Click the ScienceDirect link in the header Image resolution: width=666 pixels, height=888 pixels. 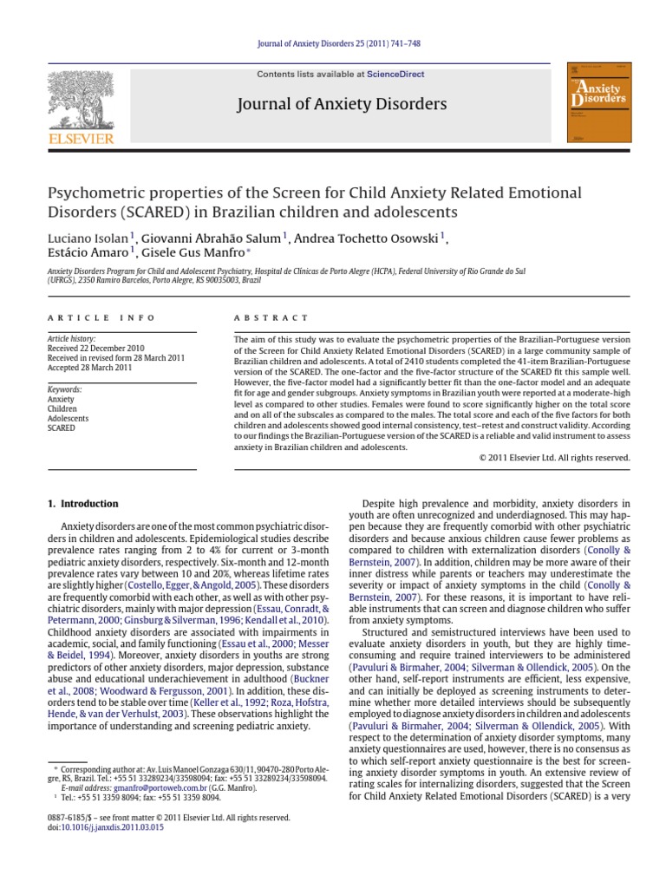tap(395, 75)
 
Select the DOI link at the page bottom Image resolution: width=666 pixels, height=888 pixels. tap(108, 827)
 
